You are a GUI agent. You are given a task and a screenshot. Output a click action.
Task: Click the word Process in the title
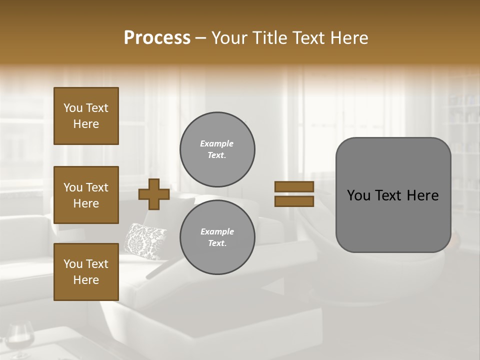click(x=157, y=38)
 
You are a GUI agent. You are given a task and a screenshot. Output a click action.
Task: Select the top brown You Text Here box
click(x=86, y=116)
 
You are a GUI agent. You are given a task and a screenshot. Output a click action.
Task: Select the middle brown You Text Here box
click(x=86, y=195)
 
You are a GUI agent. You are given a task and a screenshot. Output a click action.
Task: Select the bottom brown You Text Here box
click(x=86, y=272)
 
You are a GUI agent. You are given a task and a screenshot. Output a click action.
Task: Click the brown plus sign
click(x=153, y=194)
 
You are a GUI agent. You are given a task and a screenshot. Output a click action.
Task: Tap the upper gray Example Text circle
click(x=217, y=149)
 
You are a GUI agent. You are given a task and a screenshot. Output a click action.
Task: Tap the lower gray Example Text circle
click(x=217, y=237)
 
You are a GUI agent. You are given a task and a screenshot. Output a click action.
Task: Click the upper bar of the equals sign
click(x=294, y=187)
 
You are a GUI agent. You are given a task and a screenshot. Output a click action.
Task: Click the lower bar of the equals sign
click(x=294, y=201)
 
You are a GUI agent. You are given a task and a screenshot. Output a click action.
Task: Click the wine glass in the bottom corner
click(x=20, y=340)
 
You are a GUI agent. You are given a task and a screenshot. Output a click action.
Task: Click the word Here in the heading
click(x=348, y=38)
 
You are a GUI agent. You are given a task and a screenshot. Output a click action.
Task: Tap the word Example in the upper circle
click(x=217, y=143)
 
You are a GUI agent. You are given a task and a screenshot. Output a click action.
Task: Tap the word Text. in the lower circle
click(x=217, y=243)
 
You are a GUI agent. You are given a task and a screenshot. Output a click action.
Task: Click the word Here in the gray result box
click(x=423, y=195)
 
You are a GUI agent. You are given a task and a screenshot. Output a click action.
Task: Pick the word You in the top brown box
click(x=73, y=108)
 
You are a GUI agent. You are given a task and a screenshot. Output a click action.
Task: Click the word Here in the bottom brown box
click(x=86, y=280)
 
